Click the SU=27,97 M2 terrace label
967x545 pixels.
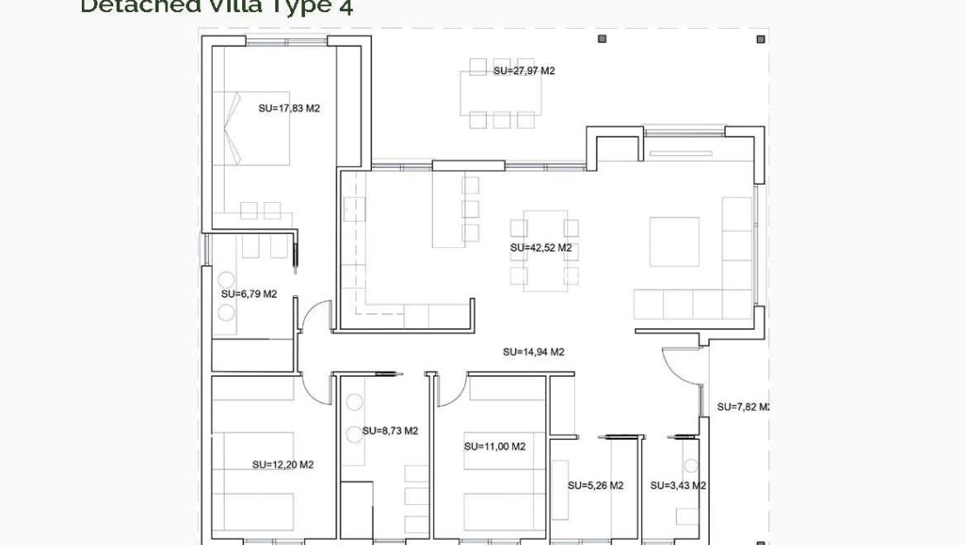tap(524, 71)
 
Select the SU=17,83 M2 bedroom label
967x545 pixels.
tap(289, 109)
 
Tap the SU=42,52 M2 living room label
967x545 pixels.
tap(540, 248)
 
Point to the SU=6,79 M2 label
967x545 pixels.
tap(248, 294)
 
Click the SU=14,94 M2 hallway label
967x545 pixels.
tap(533, 353)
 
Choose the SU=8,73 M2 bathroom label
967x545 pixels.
tap(389, 431)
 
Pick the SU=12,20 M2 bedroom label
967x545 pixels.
tap(282, 465)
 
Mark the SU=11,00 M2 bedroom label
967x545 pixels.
tap(494, 447)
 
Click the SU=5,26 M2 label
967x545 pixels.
tap(595, 486)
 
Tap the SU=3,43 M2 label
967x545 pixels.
tap(677, 486)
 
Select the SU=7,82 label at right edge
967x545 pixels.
tap(741, 407)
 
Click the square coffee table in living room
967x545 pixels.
tap(674, 241)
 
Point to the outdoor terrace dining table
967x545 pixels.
tap(501, 92)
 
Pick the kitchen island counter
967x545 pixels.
tap(445, 209)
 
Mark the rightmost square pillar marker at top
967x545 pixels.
tap(761, 39)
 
